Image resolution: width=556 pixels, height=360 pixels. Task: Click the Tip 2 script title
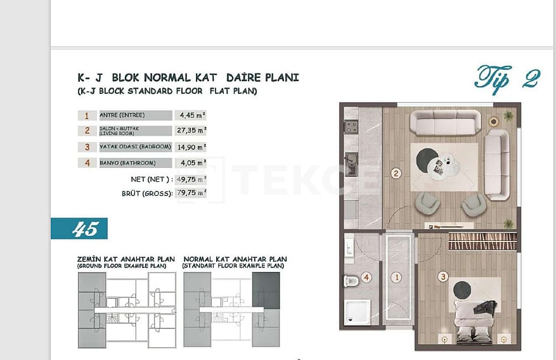507,79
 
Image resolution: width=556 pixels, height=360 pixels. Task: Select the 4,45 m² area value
191,115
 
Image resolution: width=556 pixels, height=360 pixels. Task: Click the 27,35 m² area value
191,131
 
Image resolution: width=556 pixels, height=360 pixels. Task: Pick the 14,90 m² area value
191,146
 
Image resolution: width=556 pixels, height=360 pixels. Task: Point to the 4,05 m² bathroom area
191,162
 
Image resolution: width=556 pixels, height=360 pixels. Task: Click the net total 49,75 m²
191,179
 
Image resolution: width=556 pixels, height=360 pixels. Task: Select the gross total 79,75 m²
191,193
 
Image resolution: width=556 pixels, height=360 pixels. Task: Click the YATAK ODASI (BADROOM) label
135,146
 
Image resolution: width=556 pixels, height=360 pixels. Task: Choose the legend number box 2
87,131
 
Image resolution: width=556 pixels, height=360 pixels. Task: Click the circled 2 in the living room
396,172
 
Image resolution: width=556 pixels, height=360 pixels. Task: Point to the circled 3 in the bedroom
443,276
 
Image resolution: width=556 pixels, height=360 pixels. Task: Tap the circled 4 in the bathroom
366,277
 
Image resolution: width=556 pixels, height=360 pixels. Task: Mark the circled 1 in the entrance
396,277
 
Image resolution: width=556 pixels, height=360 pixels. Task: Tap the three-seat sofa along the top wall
444,122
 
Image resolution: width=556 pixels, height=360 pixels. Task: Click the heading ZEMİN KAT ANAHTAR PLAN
126,259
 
